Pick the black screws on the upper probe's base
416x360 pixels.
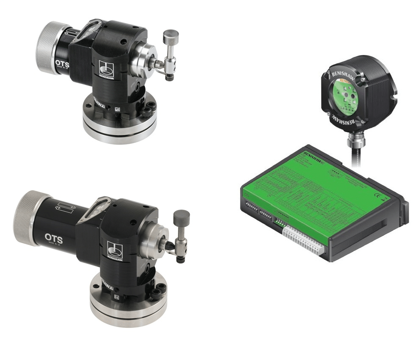tap(148, 111)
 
